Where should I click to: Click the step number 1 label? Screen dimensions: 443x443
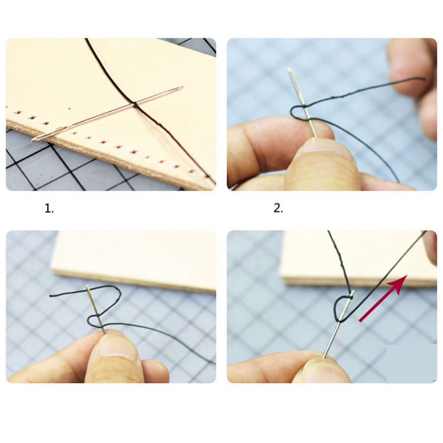(49, 209)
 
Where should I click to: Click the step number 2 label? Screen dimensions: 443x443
(278, 209)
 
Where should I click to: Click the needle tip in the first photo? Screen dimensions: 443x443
(182, 87)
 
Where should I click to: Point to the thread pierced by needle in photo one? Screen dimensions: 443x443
(135, 105)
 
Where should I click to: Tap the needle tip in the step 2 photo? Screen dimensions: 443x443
(289, 69)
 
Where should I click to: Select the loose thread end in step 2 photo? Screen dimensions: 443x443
(424, 79)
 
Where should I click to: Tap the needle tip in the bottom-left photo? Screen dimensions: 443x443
(87, 286)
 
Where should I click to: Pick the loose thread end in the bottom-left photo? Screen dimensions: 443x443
(51, 296)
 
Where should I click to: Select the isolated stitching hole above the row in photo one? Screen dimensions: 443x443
(70, 108)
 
